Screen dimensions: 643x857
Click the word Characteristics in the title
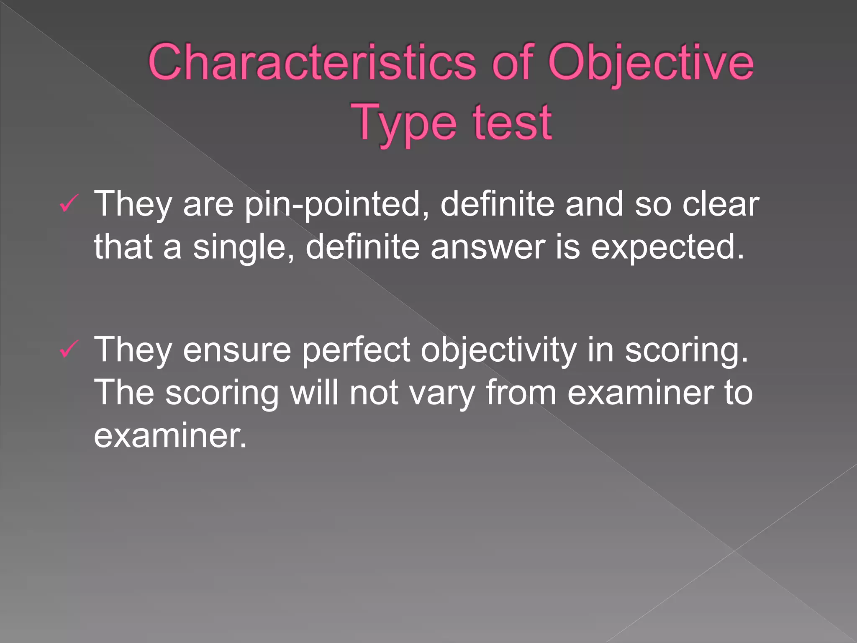(x=312, y=63)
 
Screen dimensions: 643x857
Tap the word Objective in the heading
(x=651, y=63)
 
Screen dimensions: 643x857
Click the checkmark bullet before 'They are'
(x=69, y=204)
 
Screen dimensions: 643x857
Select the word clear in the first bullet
(x=721, y=204)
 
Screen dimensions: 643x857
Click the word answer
(x=488, y=247)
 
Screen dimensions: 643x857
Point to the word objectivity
(x=498, y=350)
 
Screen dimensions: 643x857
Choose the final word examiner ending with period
(x=170, y=436)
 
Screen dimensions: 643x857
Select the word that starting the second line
(x=123, y=247)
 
